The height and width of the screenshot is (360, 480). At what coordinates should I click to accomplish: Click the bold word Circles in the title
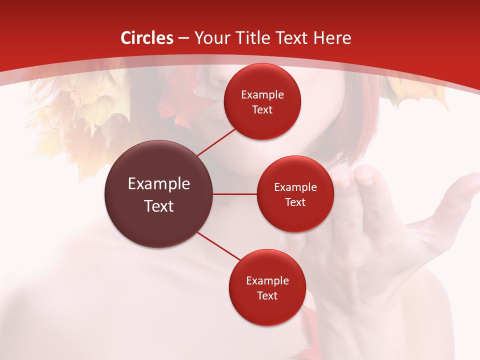(147, 38)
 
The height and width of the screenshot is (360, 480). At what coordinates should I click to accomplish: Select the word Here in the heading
(332, 38)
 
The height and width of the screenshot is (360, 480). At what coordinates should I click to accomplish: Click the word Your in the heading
(212, 38)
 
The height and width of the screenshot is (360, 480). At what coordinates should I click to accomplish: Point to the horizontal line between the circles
(234, 194)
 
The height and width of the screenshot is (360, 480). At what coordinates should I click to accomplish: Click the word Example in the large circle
(159, 184)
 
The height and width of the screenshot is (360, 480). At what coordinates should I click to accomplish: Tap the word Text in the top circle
(262, 110)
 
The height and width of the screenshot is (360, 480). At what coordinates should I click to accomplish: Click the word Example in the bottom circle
(267, 281)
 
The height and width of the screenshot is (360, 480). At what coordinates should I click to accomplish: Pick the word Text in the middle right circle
(295, 202)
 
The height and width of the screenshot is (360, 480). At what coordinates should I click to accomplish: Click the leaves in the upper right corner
(415, 92)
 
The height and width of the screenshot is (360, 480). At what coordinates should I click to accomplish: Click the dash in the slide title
(183, 38)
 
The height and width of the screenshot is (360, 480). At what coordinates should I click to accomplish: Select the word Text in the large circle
(159, 206)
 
